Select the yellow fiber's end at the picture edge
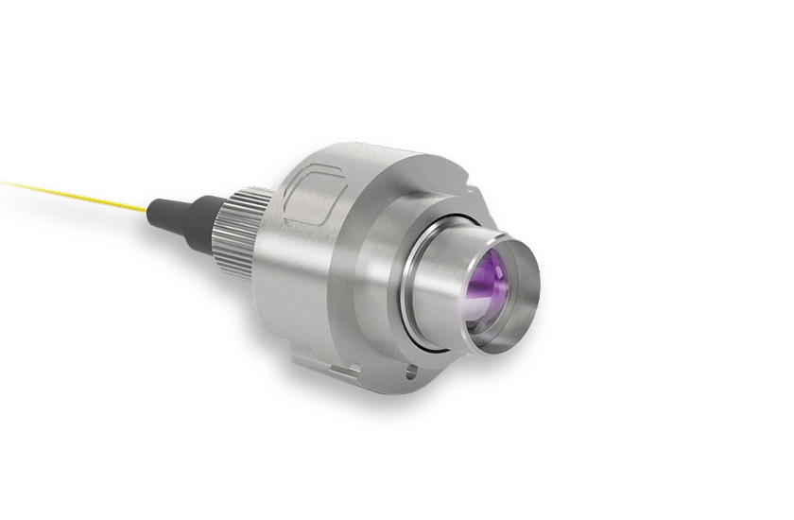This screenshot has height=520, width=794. (x=3, y=176)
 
